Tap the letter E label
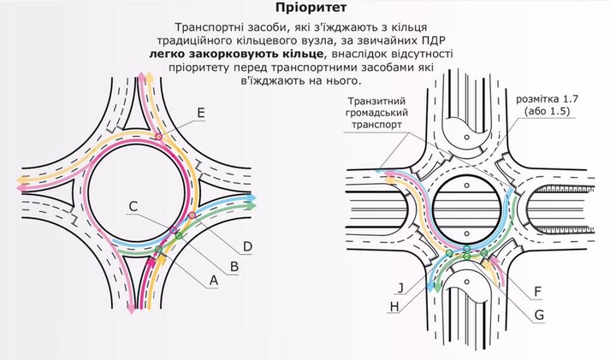[x=200, y=113]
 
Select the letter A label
[x=214, y=279]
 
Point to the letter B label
[x=234, y=265]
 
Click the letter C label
[x=134, y=206]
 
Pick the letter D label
[x=247, y=247]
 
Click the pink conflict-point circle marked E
[x=158, y=136]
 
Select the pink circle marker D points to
[x=191, y=215]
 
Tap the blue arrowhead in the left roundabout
[x=252, y=197]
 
